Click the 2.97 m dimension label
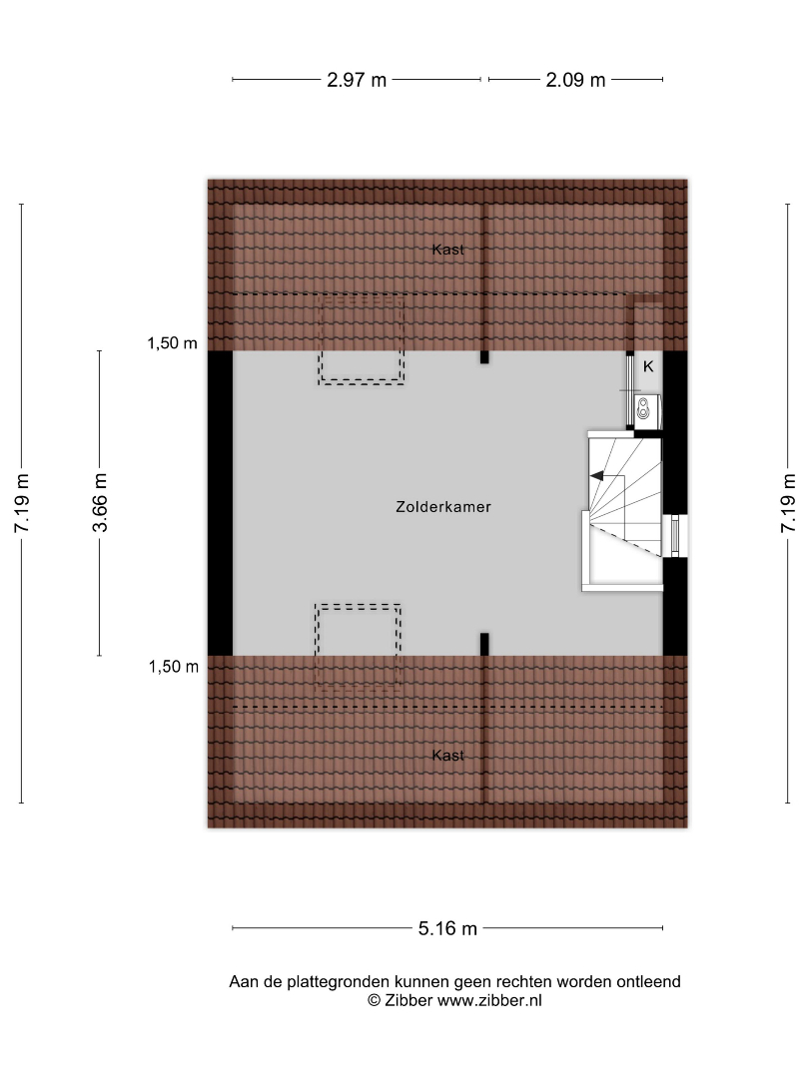tap(357, 80)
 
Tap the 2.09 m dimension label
tap(575, 80)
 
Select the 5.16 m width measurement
tap(447, 928)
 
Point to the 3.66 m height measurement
tap(100, 502)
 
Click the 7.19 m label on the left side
tap(21, 502)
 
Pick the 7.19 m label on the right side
tap(788, 502)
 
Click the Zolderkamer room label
tap(443, 507)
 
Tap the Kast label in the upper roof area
tap(447, 250)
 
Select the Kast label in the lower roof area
tap(447, 756)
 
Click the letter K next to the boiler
tap(648, 366)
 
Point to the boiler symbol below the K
tap(643, 408)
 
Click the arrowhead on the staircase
tap(596, 475)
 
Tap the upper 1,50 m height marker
tap(172, 343)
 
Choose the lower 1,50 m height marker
tap(174, 666)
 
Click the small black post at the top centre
tap(484, 356)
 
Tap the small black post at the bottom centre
tap(484, 644)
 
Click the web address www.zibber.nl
tap(489, 1001)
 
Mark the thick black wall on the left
tap(220, 502)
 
